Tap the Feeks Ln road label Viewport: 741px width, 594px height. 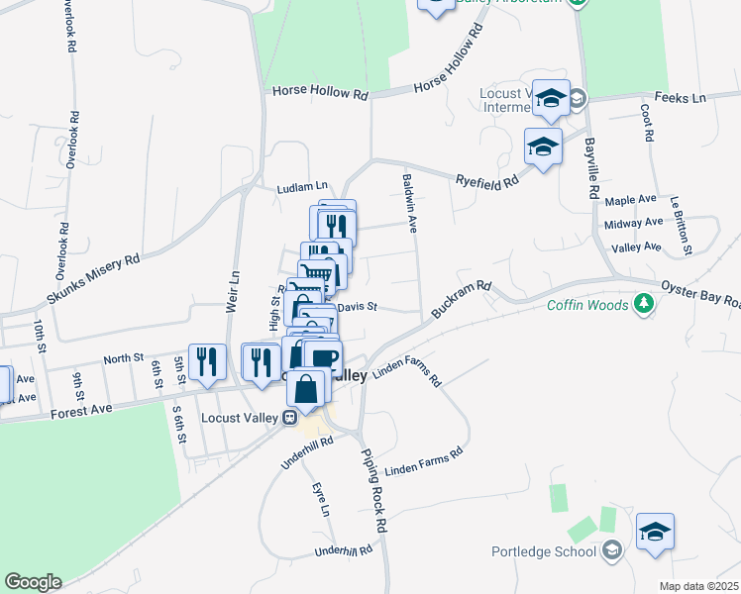[x=686, y=98]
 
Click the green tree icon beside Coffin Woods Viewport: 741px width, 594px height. [x=645, y=303]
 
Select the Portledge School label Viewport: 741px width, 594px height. [x=545, y=551]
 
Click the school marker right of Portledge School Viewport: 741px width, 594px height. [x=655, y=532]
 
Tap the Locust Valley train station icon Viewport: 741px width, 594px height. [x=291, y=417]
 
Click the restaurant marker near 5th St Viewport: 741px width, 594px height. [x=206, y=361]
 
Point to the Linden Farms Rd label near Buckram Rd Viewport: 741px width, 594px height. [x=408, y=371]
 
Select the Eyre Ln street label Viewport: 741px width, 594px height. [x=320, y=501]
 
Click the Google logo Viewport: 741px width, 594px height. [x=32, y=582]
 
